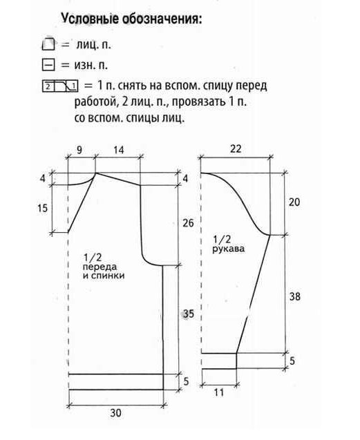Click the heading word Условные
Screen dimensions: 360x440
click(x=90, y=19)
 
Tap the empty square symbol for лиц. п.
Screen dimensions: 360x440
click(x=48, y=44)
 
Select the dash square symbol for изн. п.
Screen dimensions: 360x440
click(x=48, y=65)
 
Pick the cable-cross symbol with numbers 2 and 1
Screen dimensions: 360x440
click(x=60, y=86)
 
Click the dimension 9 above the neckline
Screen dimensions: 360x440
click(x=79, y=150)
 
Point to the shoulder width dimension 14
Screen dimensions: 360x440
click(x=118, y=150)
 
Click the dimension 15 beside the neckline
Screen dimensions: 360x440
click(x=43, y=208)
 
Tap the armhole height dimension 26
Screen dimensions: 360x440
click(x=188, y=223)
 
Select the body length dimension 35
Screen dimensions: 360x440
click(x=189, y=314)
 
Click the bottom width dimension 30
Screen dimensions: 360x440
click(x=115, y=413)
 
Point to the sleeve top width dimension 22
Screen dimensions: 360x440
click(x=236, y=149)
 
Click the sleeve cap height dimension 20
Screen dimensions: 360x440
click(x=294, y=202)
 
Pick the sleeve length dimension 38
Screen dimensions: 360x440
click(x=295, y=296)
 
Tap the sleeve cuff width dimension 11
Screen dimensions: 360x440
click(x=219, y=392)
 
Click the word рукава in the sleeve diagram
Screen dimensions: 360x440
click(x=228, y=249)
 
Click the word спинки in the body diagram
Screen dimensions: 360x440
click(x=108, y=276)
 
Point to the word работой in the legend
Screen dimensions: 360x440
click(x=95, y=102)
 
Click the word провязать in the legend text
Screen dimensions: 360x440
click(x=199, y=102)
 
